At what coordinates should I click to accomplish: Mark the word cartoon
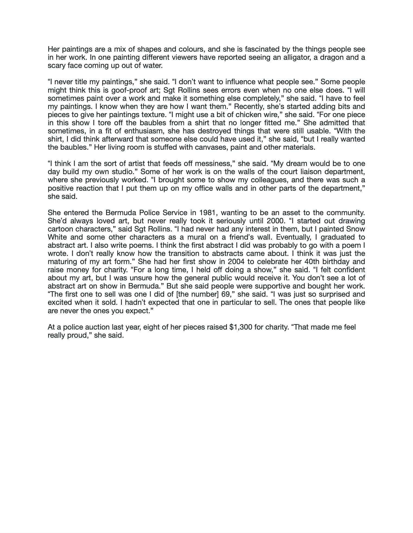click(60, 229)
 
